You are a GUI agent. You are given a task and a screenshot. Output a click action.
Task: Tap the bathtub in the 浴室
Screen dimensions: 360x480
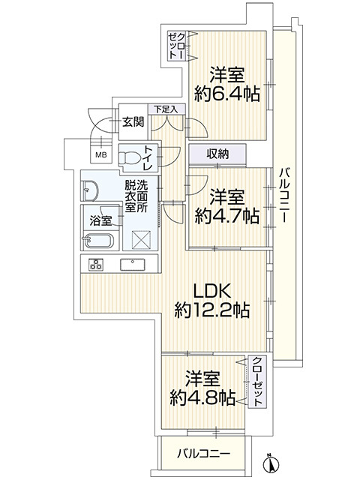[x=98, y=241]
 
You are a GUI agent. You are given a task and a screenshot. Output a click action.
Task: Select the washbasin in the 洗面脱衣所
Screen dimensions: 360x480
[x=89, y=190]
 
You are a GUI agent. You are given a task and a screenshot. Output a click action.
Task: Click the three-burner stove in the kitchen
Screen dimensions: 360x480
[x=96, y=265]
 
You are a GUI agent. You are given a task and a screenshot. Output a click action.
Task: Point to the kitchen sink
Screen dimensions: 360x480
[x=133, y=265]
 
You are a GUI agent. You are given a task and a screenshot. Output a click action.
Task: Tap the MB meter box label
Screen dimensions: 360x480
[x=101, y=154]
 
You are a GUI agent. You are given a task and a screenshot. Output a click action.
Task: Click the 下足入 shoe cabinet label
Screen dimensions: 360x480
[x=166, y=109]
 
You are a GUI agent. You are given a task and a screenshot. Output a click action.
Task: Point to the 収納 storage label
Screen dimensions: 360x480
[x=217, y=154]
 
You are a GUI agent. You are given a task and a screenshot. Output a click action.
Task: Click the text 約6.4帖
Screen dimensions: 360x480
[x=227, y=94]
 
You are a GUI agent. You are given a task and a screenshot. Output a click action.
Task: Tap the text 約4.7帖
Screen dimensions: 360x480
[x=227, y=217]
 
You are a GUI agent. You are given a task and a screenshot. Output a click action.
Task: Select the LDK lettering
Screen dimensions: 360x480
[x=211, y=291]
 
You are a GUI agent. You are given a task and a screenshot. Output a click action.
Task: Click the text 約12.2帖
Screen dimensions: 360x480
[x=212, y=310]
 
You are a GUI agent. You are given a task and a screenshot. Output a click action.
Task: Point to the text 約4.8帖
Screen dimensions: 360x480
[x=202, y=397]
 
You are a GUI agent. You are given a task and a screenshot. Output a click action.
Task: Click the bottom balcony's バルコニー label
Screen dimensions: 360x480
[x=203, y=453]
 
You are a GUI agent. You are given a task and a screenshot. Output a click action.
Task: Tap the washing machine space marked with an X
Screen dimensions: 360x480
[x=142, y=238]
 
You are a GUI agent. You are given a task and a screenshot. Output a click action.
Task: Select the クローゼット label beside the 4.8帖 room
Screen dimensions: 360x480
[x=257, y=381]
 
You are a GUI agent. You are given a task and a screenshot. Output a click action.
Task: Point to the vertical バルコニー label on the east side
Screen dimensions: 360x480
[x=283, y=195]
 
